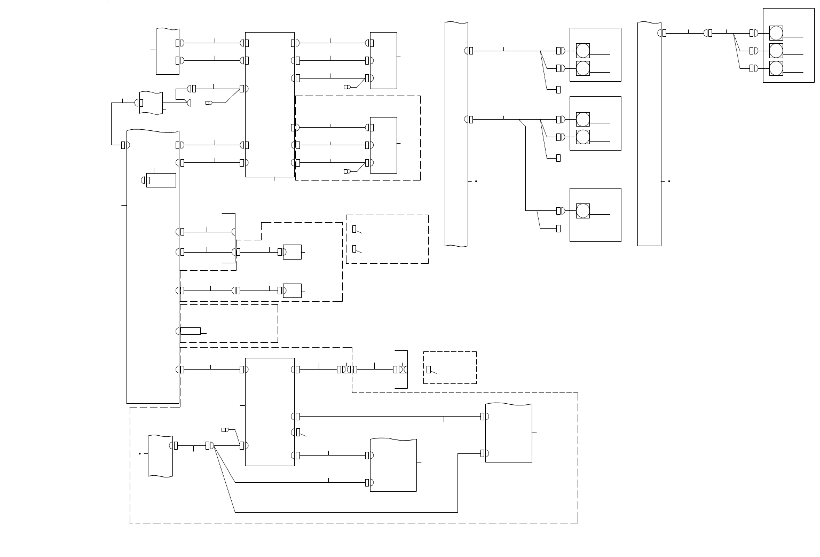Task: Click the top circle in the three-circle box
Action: coord(776,33)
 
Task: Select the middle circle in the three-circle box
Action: coord(776,51)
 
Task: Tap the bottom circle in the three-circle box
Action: coord(776,68)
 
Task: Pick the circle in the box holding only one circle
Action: coord(583,211)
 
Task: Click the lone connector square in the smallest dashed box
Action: coord(429,369)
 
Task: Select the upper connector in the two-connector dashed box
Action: coord(354,229)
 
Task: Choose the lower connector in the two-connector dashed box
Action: coord(354,249)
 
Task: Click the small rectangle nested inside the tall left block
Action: coord(161,180)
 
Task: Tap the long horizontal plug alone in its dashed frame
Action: coord(191,331)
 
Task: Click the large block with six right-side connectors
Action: coord(270,104)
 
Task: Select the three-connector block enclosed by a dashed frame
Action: coord(383,145)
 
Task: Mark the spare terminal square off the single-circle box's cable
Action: coord(558,229)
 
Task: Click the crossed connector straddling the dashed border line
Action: coord(346,369)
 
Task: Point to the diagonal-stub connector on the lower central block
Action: coord(298,432)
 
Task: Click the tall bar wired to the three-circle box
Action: coord(649,134)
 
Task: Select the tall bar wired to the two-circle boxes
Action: coord(456,134)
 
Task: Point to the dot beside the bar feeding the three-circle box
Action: coord(669,182)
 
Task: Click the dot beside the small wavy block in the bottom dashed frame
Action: coord(140,454)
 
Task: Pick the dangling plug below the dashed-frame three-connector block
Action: coord(347,171)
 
